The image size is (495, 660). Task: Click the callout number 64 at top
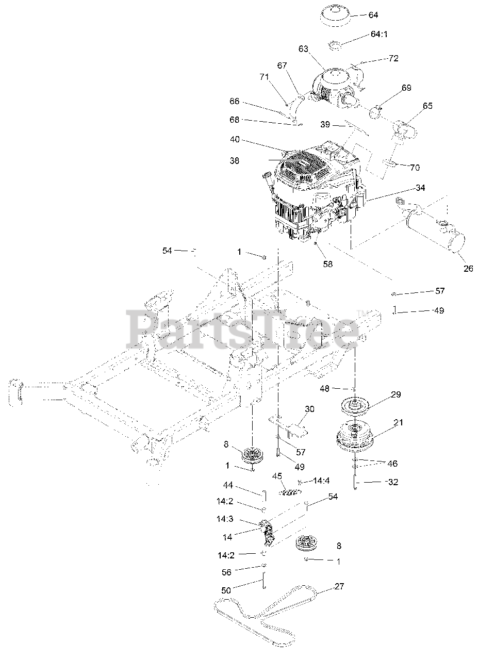click(x=373, y=15)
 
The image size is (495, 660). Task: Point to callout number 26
click(x=468, y=268)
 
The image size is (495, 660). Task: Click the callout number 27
click(x=339, y=586)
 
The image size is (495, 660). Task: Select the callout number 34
click(x=420, y=188)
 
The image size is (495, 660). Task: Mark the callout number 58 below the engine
click(x=328, y=264)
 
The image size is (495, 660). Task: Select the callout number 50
click(x=226, y=590)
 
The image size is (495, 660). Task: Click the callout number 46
click(x=392, y=464)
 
